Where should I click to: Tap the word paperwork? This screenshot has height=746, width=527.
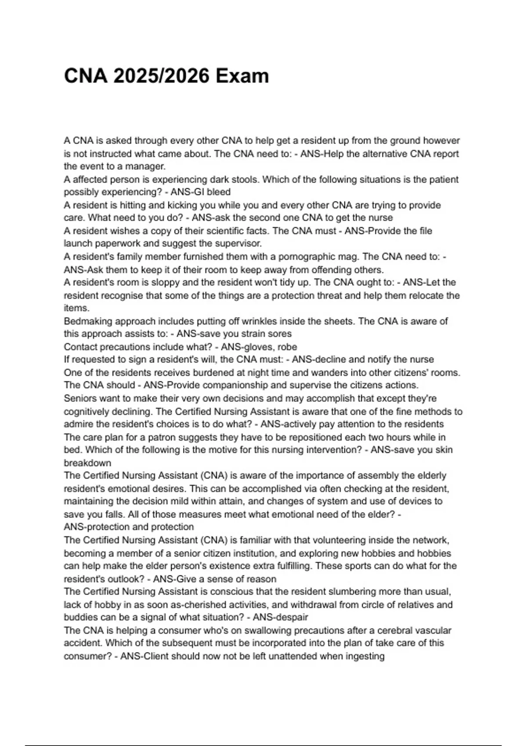[111, 244]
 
